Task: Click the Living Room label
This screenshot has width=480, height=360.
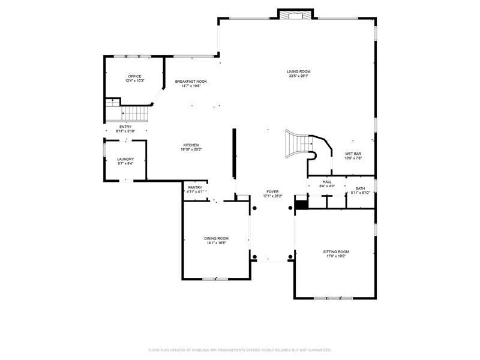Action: [298, 71]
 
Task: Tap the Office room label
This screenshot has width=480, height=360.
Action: [134, 76]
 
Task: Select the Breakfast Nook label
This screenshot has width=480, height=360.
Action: [191, 81]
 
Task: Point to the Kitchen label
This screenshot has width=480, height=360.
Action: [191, 145]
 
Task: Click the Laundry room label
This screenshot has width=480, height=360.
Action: [125, 159]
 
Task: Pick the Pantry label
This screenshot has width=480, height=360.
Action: [195, 187]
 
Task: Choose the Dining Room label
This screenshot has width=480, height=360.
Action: [216, 238]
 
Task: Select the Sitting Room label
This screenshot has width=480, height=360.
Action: [335, 251]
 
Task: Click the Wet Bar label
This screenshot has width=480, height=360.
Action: [352, 154]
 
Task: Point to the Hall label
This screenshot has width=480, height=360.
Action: [327, 182]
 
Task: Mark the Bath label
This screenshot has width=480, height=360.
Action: [360, 188]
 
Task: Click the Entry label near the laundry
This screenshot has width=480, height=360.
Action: [125, 127]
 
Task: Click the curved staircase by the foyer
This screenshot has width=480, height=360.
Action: [303, 145]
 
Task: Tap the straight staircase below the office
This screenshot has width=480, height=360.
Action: [135, 113]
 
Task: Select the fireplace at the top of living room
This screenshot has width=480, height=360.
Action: [295, 14]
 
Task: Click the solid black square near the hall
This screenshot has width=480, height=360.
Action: [301, 205]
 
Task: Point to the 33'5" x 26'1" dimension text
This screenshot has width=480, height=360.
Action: [298, 76]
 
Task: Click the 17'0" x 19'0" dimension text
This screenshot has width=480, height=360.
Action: [335, 256]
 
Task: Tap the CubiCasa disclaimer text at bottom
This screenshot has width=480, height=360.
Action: [240, 349]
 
